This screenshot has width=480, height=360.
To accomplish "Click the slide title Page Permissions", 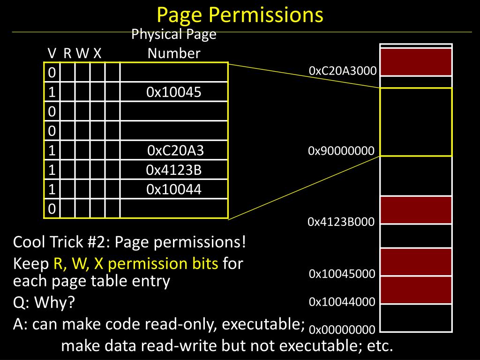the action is pyautogui.click(x=240, y=15).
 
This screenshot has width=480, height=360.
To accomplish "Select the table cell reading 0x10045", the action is pyautogui.click(x=174, y=92).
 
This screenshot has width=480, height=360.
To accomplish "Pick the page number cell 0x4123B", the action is pyautogui.click(x=174, y=170).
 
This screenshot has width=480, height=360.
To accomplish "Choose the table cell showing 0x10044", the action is pyautogui.click(x=174, y=189).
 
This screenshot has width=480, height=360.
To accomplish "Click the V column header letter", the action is pyautogui.click(x=52, y=53).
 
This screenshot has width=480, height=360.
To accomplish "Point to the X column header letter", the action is pyautogui.click(x=97, y=53).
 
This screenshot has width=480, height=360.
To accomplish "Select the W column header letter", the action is pyautogui.click(x=82, y=53).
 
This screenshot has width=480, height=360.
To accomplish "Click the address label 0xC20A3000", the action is pyautogui.click(x=343, y=71).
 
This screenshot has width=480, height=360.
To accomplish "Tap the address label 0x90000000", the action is pyautogui.click(x=341, y=150).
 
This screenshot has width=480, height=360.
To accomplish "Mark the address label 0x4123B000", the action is pyautogui.click(x=341, y=222).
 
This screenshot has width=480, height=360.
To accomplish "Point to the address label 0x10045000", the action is pyautogui.click(x=342, y=274).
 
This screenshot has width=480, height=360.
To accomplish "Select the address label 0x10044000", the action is pyautogui.click(x=342, y=302).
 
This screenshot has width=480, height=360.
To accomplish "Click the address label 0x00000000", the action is pyautogui.click(x=342, y=330).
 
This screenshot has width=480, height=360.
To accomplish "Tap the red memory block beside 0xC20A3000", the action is pyautogui.click(x=416, y=62).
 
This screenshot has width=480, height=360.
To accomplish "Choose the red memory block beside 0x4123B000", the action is pyautogui.click(x=416, y=210).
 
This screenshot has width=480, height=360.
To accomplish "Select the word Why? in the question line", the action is pyautogui.click(x=54, y=302).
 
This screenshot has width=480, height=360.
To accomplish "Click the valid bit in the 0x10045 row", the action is pyautogui.click(x=52, y=92).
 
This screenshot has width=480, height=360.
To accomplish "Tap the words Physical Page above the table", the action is pyautogui.click(x=174, y=34).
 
